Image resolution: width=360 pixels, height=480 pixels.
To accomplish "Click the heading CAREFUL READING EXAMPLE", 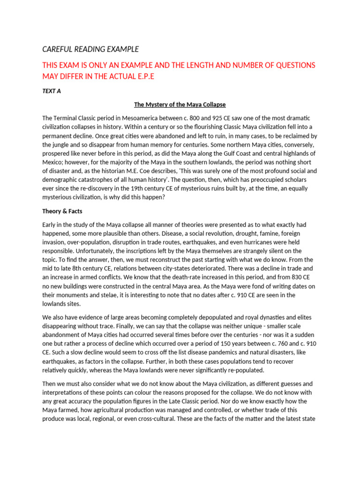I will [x=90, y=49].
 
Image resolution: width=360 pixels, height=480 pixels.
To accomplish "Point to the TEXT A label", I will [x=52, y=91].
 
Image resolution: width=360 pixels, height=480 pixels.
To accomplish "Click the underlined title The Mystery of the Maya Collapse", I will [x=180, y=104].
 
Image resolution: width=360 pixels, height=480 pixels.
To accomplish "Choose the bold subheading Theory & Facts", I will [x=62, y=211].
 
